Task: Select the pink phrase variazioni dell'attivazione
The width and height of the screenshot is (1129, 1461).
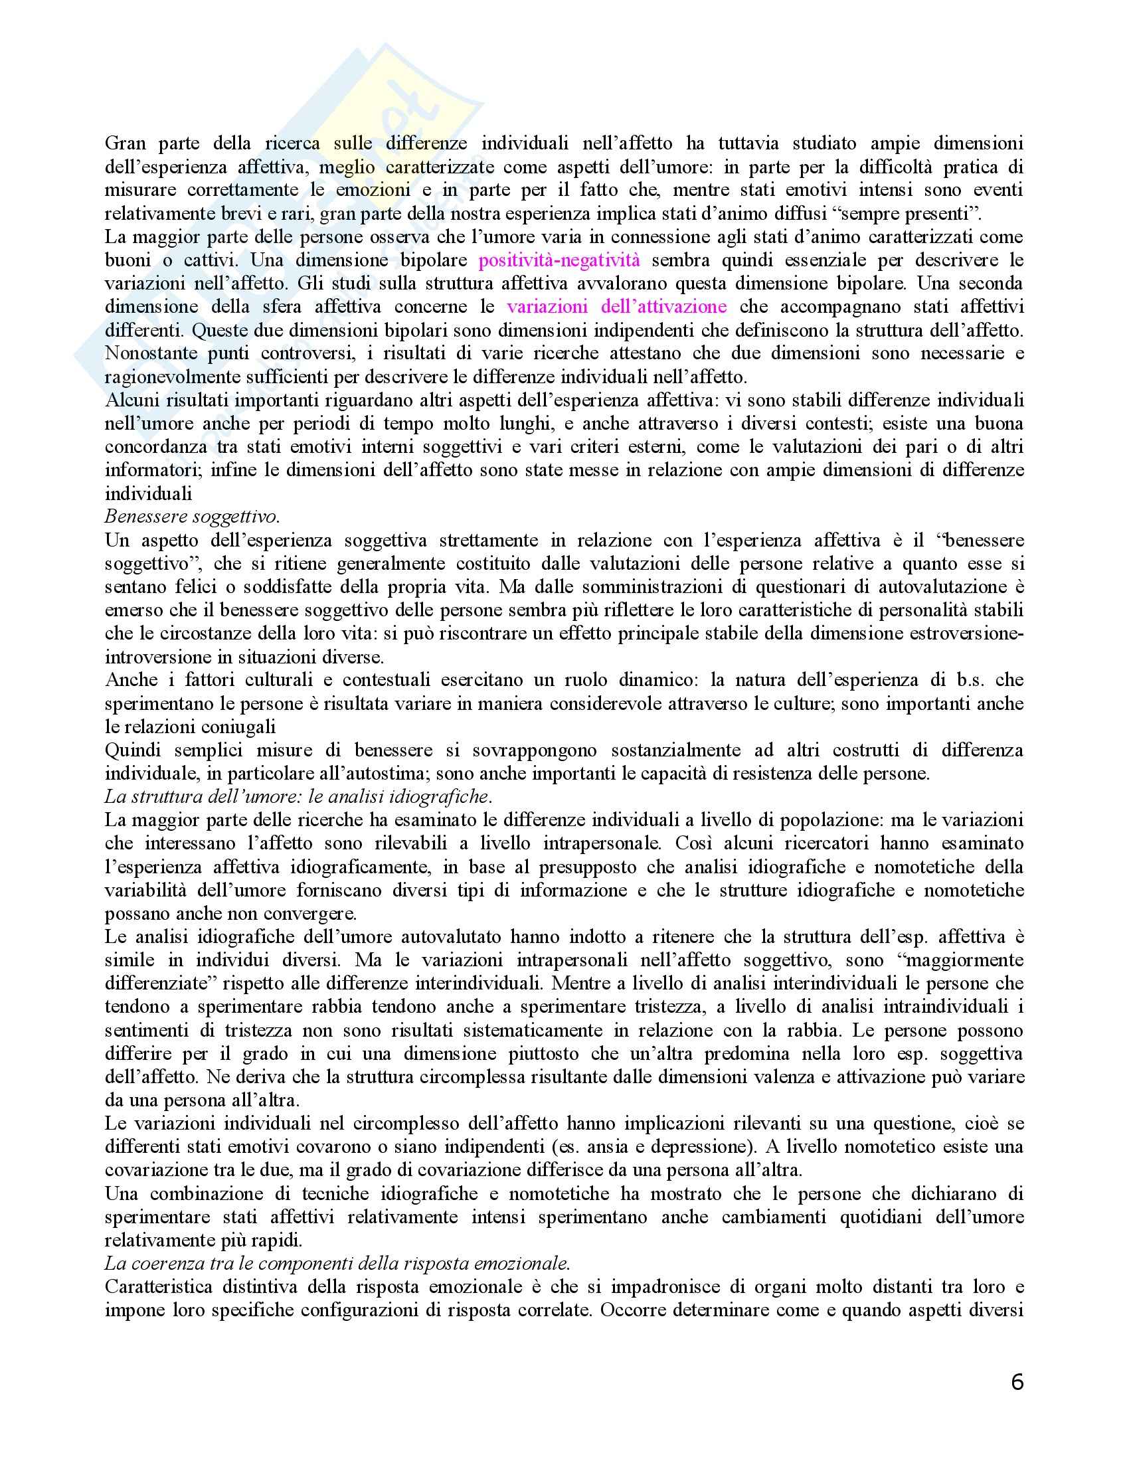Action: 617,307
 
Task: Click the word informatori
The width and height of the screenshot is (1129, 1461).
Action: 153,470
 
